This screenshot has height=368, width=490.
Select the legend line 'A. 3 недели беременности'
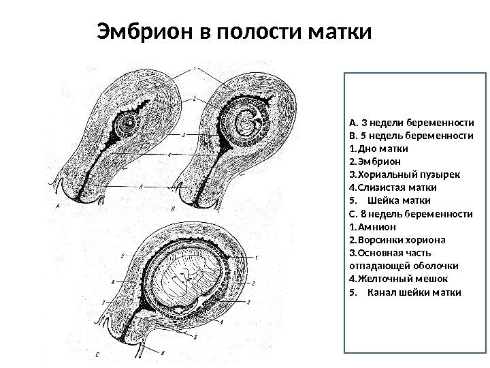coord(410,124)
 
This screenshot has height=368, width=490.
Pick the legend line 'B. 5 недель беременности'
coord(410,136)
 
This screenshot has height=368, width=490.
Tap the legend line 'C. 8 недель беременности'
coord(410,214)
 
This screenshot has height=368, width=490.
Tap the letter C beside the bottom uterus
coord(99,354)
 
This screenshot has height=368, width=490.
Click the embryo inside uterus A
coord(128,124)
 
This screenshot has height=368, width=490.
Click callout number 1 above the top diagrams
coord(195,69)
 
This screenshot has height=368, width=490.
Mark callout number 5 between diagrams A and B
coord(140,186)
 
